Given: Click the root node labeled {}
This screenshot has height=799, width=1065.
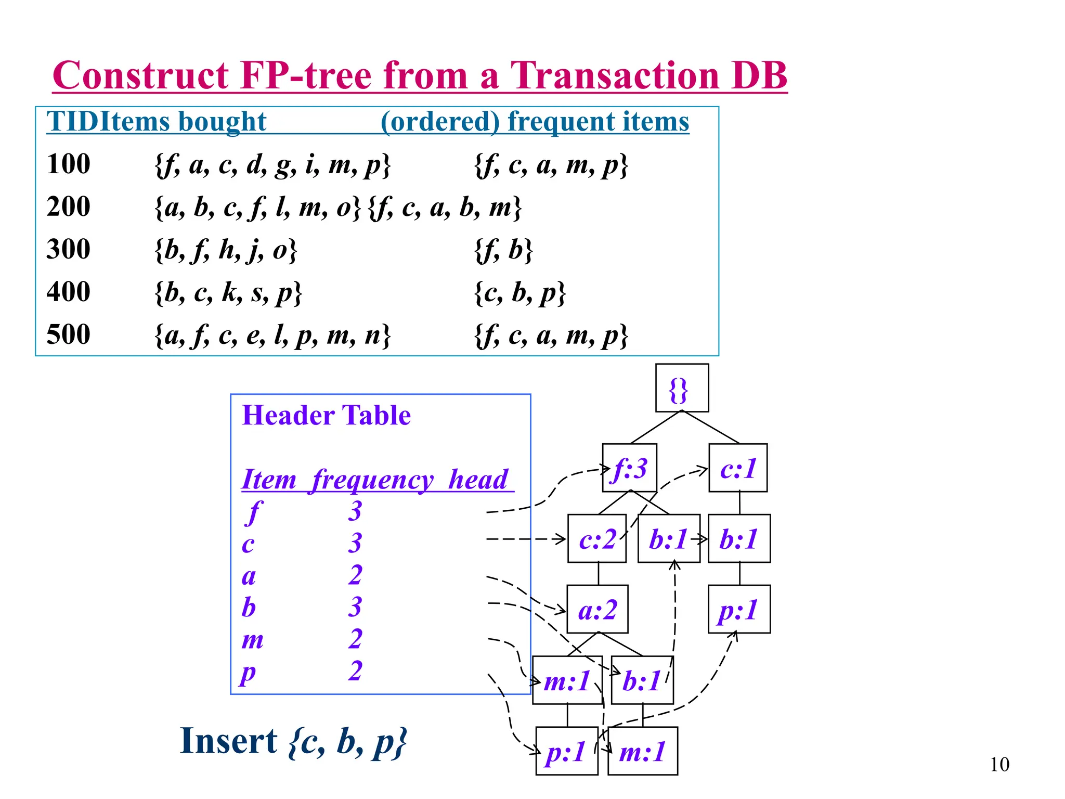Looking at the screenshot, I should (x=682, y=388).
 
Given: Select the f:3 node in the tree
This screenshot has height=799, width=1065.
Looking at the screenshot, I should (x=629, y=468).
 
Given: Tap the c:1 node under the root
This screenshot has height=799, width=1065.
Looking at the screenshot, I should (x=738, y=468).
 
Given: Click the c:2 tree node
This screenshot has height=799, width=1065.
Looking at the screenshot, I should (x=597, y=539).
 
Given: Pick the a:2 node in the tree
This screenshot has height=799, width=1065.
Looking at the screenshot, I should (x=598, y=610).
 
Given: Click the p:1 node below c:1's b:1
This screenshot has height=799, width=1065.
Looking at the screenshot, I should (x=739, y=610).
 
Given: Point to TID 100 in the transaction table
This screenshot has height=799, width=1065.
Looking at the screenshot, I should (x=68, y=164).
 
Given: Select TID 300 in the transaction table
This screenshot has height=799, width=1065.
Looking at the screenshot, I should (x=68, y=249).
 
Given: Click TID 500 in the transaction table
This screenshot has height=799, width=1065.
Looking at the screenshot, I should (x=68, y=334).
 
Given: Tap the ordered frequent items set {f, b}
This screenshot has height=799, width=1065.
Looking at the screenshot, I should (x=503, y=250).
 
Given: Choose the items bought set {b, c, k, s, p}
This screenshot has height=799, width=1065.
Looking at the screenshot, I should (x=228, y=293).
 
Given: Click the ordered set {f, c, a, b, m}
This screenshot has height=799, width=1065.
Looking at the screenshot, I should (x=445, y=208).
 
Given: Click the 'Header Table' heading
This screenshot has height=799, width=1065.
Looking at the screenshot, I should (x=326, y=416).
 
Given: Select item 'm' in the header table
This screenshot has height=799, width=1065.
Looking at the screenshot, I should (x=253, y=639).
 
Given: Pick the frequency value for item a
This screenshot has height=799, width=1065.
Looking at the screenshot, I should (x=356, y=575).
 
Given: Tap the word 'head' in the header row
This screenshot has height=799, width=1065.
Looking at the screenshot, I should (x=478, y=480).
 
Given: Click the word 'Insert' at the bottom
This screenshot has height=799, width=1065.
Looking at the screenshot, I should (x=228, y=741).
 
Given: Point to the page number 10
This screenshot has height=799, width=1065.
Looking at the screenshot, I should (x=999, y=765).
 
